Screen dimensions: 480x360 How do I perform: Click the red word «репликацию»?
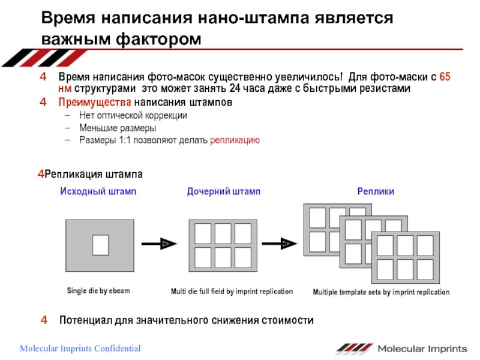pyautogui.click(x=235, y=140)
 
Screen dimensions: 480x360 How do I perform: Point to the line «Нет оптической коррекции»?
pyautogui.click(x=133, y=115)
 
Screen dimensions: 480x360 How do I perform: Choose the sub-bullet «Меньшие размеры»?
pyautogui.click(x=118, y=128)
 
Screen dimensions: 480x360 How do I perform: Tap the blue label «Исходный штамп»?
pyautogui.click(x=98, y=191)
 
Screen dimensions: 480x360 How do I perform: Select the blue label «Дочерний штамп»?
pyautogui.click(x=224, y=191)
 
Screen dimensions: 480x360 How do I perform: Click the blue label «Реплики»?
pyautogui.click(x=376, y=191)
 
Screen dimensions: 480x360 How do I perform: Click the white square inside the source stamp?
pyautogui.click(x=100, y=244)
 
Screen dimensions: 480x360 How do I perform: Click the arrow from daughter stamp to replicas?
pyautogui.click(x=280, y=243)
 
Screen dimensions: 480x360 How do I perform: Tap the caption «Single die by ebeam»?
pyautogui.click(x=98, y=291)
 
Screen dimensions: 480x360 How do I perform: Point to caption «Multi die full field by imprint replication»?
pyautogui.click(x=232, y=292)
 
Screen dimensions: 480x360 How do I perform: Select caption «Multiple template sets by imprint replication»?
pyautogui.click(x=381, y=292)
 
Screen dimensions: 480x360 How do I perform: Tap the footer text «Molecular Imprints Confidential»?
pyautogui.click(x=80, y=349)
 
